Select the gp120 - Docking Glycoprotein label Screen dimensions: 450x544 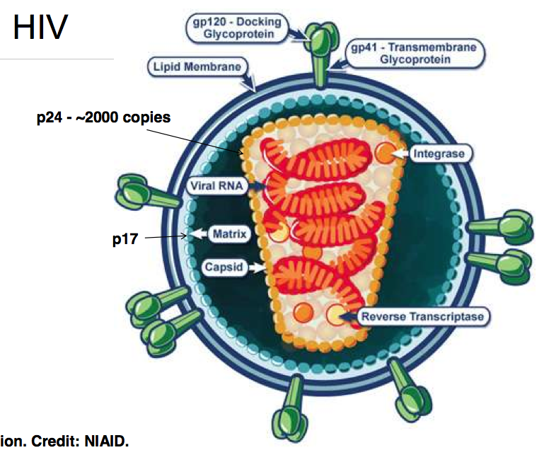pyautogui.click(x=233, y=28)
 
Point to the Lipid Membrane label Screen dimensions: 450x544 pyautogui.click(x=197, y=67)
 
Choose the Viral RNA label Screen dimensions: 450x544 pyautogui.click(x=216, y=186)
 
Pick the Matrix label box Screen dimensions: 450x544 pyautogui.click(x=230, y=233)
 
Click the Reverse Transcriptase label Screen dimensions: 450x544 pyautogui.click(x=422, y=316)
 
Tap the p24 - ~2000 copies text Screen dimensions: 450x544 pyautogui.click(x=104, y=117)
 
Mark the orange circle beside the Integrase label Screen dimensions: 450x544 pyautogui.click(x=385, y=151)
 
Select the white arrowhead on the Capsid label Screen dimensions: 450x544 pyautogui.click(x=262, y=268)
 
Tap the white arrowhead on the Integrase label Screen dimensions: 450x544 pyautogui.click(x=402, y=152)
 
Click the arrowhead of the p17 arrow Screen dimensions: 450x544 pyautogui.click(x=185, y=237)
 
